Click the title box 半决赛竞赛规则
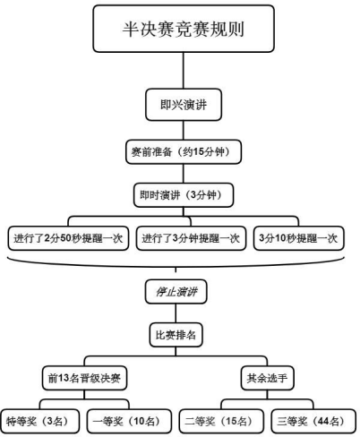click(x=184, y=29)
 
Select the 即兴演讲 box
click(x=184, y=105)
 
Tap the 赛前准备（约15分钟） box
click(x=184, y=151)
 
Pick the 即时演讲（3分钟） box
click(x=184, y=195)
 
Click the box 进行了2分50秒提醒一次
click(x=68, y=238)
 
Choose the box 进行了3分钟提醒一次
click(x=191, y=238)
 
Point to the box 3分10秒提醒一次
click(x=299, y=238)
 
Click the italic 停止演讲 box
click(x=176, y=292)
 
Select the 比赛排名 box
click(x=176, y=335)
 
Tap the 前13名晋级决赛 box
click(x=84, y=378)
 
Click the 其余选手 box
click(x=267, y=378)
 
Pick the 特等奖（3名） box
click(x=39, y=421)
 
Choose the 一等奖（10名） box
click(x=129, y=421)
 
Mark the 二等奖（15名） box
click(x=221, y=421)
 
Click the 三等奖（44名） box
click(x=313, y=421)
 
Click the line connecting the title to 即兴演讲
click(x=184, y=71)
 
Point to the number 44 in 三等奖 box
click(x=323, y=421)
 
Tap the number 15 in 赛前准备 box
click(x=199, y=151)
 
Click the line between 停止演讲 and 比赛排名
click(x=176, y=313)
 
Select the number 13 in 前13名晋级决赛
click(x=64, y=378)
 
